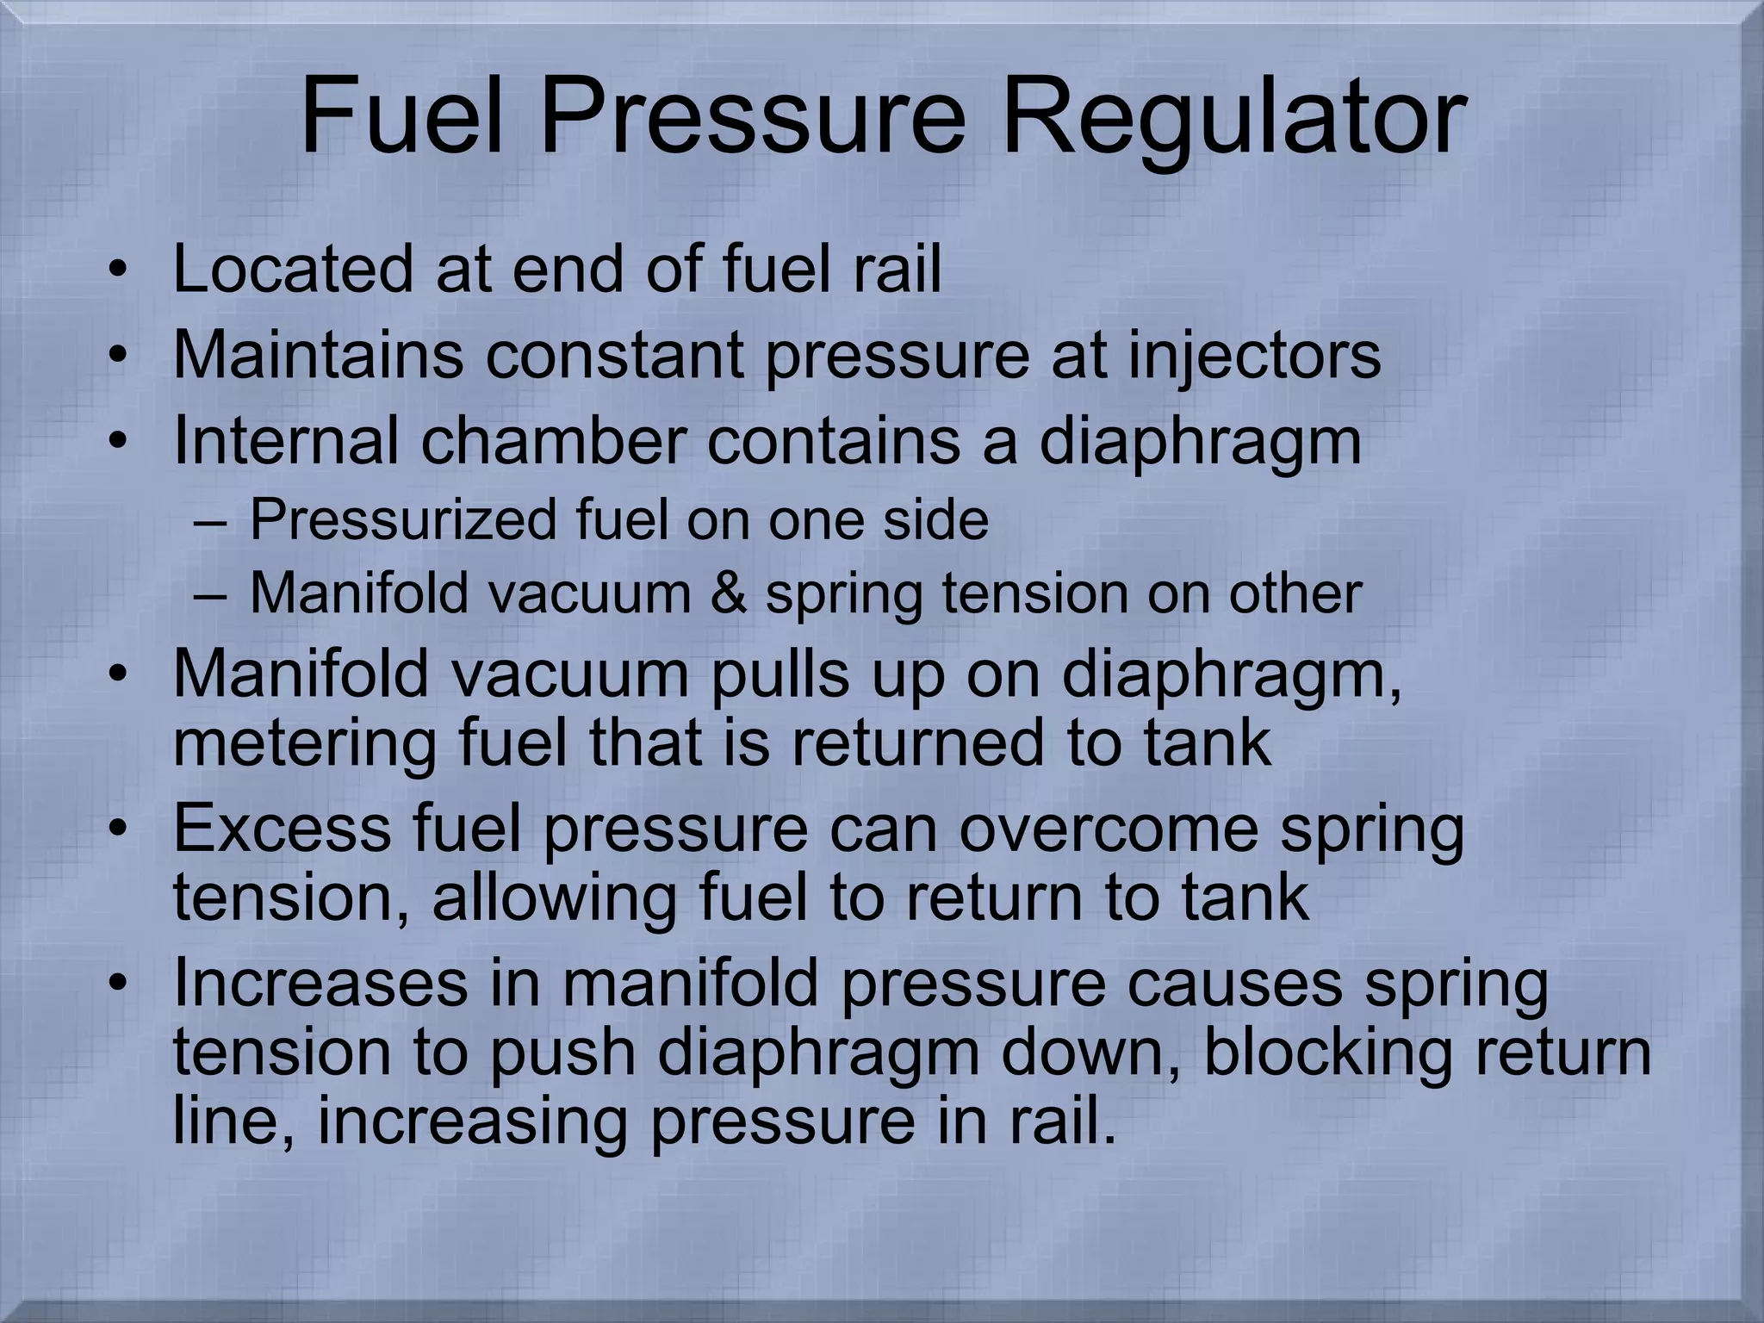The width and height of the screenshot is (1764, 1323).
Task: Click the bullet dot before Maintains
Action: (x=119, y=356)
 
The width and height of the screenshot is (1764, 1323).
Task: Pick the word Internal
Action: (x=285, y=440)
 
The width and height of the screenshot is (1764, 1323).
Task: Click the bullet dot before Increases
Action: (x=119, y=983)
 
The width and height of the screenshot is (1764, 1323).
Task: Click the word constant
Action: (x=614, y=356)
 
